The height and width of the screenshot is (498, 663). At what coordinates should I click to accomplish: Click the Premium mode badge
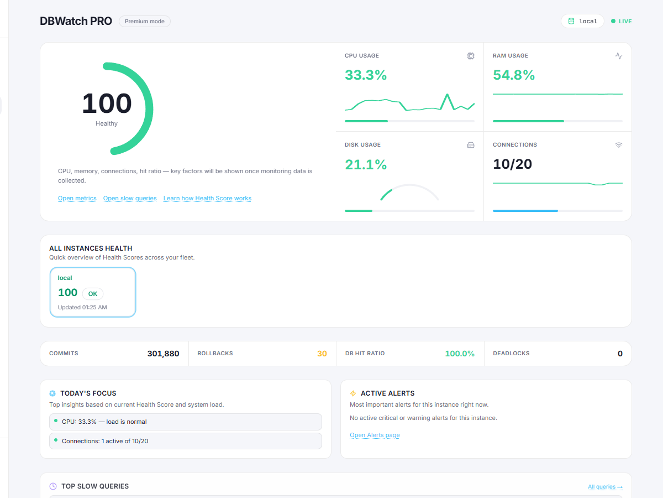[145, 22]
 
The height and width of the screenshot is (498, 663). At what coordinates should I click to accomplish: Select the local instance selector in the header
[582, 21]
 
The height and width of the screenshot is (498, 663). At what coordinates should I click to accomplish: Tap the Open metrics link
[77, 198]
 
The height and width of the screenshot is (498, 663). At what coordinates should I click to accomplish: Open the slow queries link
[130, 198]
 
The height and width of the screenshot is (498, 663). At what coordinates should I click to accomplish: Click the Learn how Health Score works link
[207, 198]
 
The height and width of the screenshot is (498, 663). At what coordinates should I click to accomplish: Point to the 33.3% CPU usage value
[366, 75]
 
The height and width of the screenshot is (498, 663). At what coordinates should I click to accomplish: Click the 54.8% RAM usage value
[514, 75]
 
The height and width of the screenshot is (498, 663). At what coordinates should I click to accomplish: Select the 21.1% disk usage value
[366, 164]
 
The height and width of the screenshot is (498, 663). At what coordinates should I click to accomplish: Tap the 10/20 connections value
[512, 164]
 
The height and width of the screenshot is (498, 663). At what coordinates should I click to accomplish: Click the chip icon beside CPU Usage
[470, 56]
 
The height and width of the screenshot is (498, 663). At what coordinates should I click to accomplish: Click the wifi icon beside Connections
[618, 145]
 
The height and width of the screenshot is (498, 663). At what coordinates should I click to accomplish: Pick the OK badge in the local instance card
[93, 294]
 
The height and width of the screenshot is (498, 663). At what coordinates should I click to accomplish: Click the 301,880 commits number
[163, 354]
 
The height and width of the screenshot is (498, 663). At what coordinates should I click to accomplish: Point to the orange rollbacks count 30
[322, 354]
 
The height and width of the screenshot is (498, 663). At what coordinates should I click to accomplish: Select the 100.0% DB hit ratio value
[460, 354]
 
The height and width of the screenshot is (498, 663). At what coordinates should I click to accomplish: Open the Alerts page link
[375, 435]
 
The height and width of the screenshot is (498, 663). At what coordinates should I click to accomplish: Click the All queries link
[605, 487]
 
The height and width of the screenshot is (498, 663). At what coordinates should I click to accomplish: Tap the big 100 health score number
[107, 103]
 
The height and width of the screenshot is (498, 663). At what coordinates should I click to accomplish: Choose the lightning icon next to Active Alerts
[353, 393]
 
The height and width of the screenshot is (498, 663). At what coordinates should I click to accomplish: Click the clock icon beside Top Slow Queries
[53, 486]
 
